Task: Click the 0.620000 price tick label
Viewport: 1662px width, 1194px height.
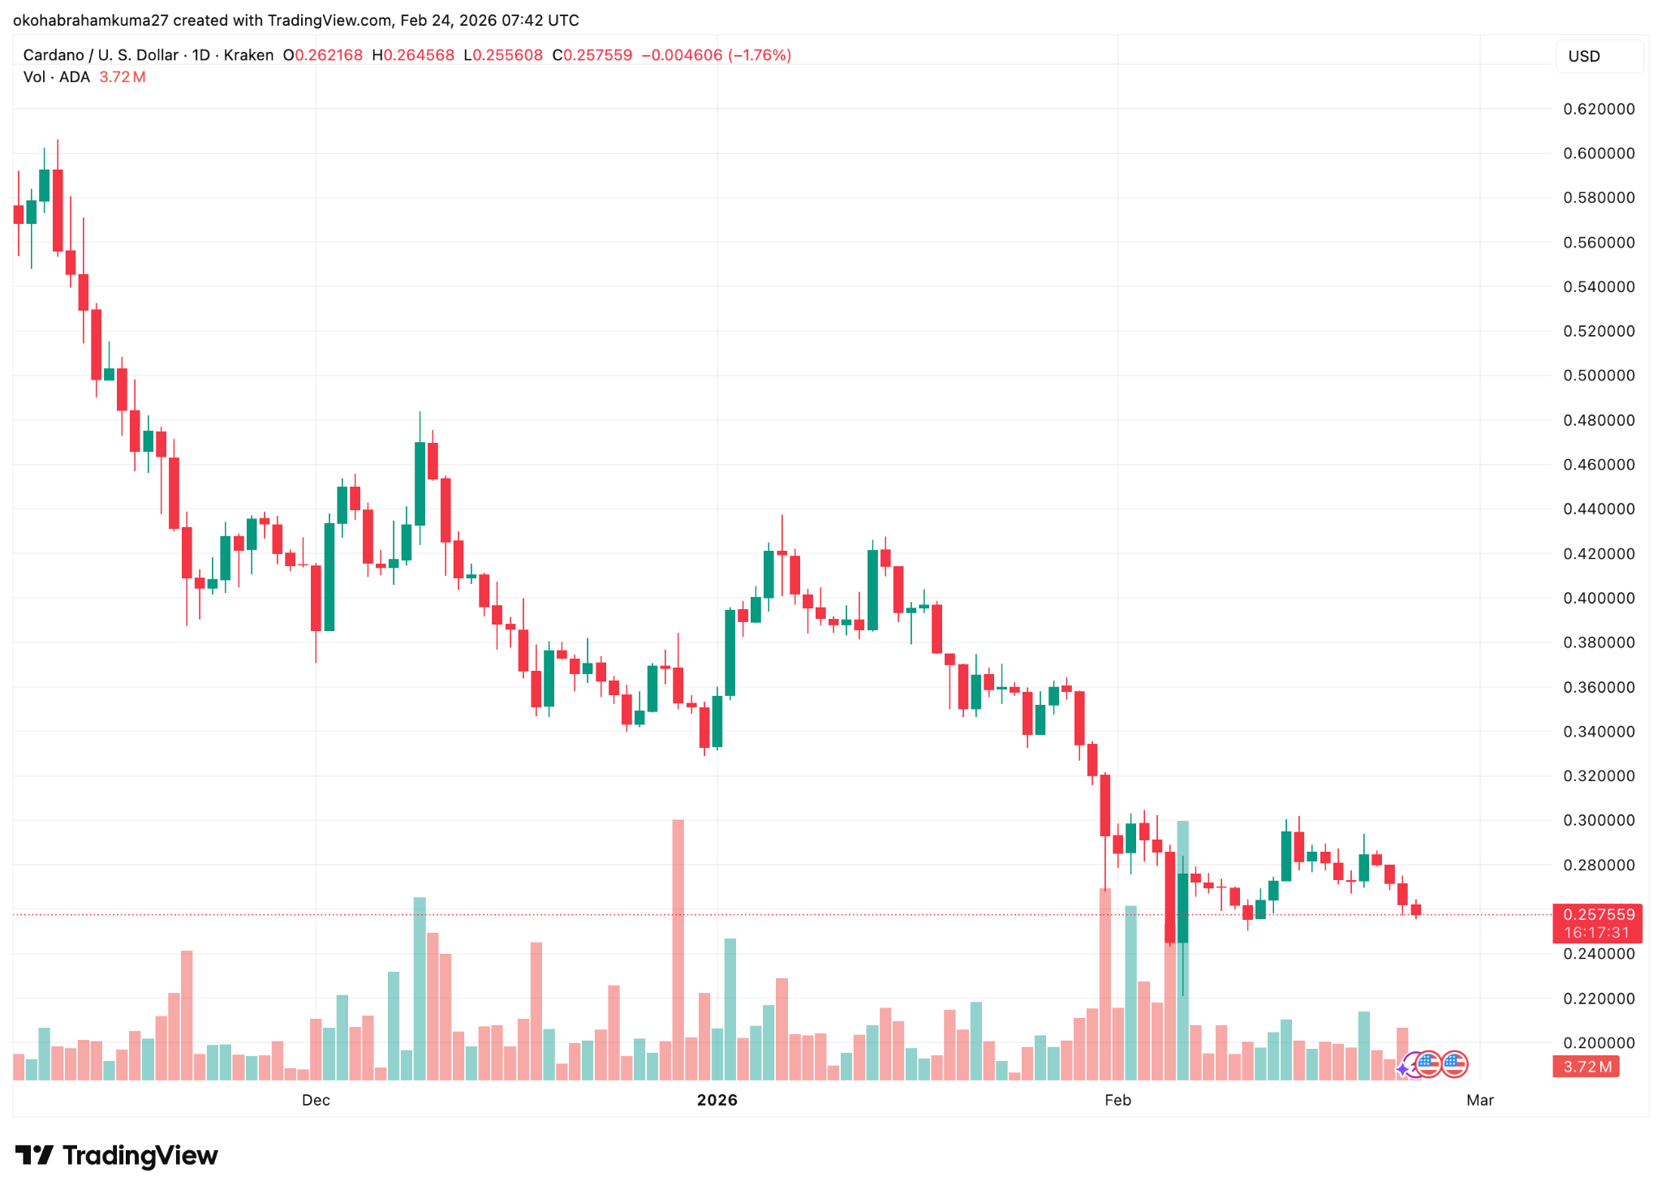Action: (x=1599, y=110)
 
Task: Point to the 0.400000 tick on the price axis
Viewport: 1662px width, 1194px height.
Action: (x=1599, y=599)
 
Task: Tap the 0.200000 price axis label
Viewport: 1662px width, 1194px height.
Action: (x=1599, y=1043)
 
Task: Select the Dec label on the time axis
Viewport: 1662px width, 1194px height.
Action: (x=316, y=1101)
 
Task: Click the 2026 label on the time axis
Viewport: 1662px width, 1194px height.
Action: (x=717, y=1101)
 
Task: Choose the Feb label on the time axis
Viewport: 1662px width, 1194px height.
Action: (x=1117, y=1101)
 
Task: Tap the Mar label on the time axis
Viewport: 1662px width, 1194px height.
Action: (x=1480, y=1101)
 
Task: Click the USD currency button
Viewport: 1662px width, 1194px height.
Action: (x=1584, y=57)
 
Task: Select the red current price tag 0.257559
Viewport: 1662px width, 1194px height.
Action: (x=1597, y=915)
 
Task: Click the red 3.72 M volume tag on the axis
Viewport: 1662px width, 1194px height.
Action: (x=1587, y=1067)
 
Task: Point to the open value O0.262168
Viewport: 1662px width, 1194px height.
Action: (x=322, y=55)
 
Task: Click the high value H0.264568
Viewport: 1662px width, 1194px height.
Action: (x=413, y=55)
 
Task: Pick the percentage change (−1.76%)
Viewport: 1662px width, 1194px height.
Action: (x=760, y=55)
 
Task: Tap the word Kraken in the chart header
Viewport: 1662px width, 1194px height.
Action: (x=248, y=55)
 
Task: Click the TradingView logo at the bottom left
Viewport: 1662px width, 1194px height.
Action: (x=117, y=1156)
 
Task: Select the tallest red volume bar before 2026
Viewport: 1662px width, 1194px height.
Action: (x=678, y=949)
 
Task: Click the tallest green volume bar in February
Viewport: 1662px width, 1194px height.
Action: (x=1183, y=949)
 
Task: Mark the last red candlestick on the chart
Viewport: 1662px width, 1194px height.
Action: (x=1416, y=910)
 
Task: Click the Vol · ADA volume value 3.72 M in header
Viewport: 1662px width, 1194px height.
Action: (x=123, y=77)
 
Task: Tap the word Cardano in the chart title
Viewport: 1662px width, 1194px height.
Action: (x=54, y=55)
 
